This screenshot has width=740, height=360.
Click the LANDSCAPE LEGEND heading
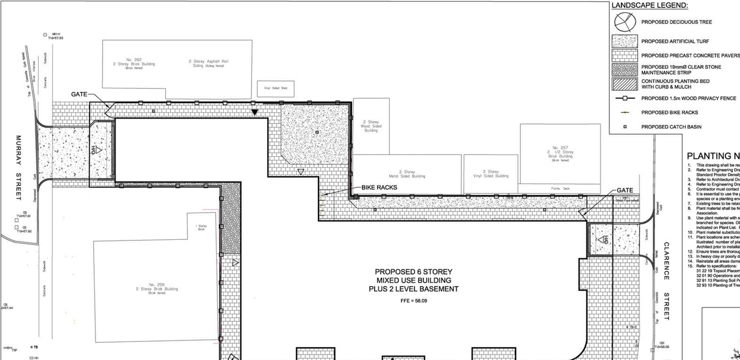[650, 5]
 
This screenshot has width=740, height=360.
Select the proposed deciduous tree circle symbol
[624, 22]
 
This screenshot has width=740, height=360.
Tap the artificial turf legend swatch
[624, 41]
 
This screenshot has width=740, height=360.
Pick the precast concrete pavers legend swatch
[624, 55]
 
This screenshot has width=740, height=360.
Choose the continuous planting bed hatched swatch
[624, 84]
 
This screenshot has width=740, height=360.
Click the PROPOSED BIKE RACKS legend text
[669, 113]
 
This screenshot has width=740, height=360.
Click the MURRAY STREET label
[18, 168]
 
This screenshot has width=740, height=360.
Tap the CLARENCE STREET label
[666, 281]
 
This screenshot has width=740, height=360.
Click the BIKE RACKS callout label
[379, 188]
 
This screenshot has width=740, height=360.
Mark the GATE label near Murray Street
[80, 94]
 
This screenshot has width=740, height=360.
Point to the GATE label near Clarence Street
[625, 190]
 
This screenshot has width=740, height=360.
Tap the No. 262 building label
[134, 62]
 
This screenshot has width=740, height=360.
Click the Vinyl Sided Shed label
[276, 88]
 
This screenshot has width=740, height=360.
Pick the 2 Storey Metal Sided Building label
[409, 174]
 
